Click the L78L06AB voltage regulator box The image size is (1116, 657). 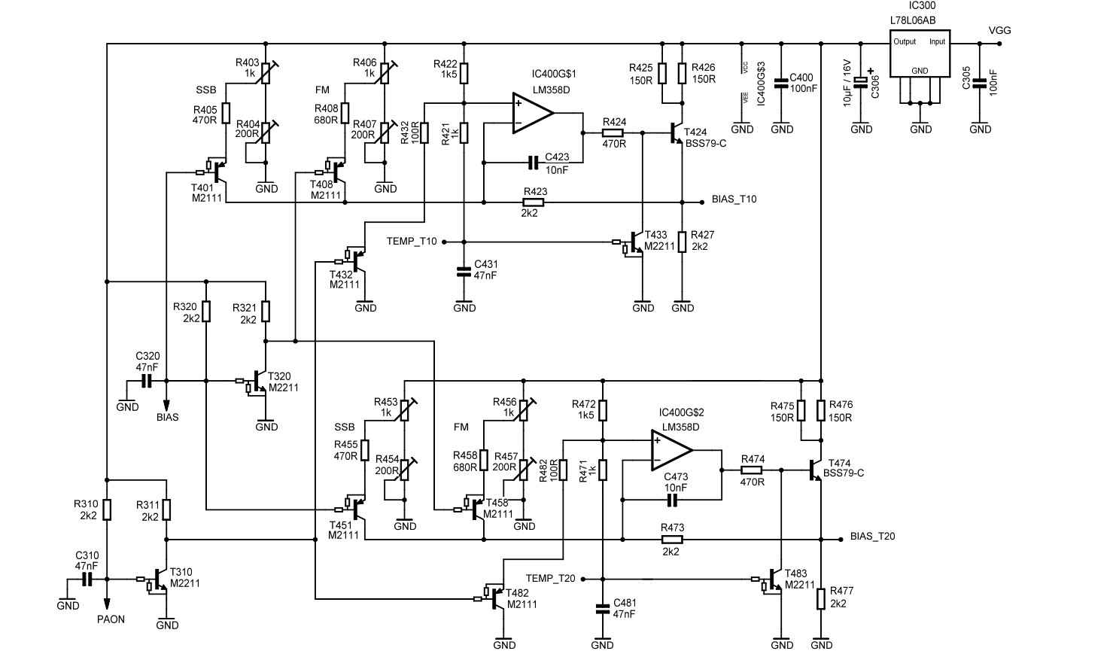(x=920, y=53)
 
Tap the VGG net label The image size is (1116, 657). (x=999, y=31)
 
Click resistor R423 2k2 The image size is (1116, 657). (x=535, y=202)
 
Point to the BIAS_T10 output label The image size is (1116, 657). (x=734, y=199)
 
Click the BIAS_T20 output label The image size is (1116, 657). (x=872, y=537)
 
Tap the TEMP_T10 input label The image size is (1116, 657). (x=411, y=242)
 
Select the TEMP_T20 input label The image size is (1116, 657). (x=550, y=579)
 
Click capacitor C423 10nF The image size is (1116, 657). (x=534, y=162)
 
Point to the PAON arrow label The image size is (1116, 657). (x=111, y=619)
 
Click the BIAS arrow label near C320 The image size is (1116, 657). (x=167, y=417)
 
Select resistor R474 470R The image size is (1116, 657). (x=752, y=470)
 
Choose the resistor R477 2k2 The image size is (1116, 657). (x=821, y=599)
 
